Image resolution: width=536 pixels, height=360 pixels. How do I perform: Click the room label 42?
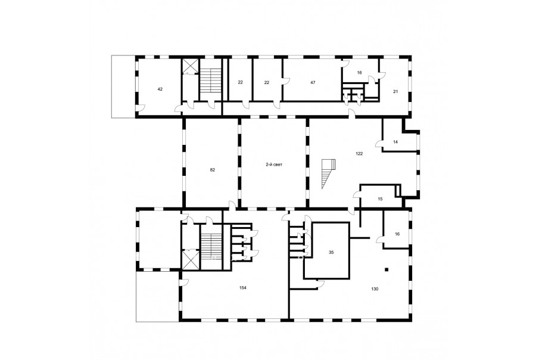click(x=160, y=89)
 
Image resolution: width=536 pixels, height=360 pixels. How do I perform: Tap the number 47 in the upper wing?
click(x=313, y=82)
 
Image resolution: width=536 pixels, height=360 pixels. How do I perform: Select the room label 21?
click(x=395, y=91)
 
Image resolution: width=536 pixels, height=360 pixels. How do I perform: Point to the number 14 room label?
click(x=395, y=142)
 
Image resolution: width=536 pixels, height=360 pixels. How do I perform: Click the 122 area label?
click(x=359, y=154)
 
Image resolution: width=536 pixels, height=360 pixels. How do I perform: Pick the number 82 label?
click(x=212, y=170)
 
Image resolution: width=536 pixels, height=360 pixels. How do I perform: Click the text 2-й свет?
click(x=274, y=165)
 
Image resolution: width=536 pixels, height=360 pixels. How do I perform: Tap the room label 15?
click(x=380, y=199)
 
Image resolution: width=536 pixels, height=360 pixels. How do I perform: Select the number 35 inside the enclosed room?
click(x=331, y=252)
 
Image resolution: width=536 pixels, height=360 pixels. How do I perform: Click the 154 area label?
click(x=243, y=288)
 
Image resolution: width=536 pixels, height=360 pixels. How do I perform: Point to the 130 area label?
click(x=375, y=289)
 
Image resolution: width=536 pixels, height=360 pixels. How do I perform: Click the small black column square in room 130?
click(x=387, y=269)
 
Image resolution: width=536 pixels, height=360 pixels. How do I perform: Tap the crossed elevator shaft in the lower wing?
click(x=190, y=260)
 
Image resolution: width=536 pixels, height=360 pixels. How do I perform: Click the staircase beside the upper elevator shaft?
click(x=211, y=80)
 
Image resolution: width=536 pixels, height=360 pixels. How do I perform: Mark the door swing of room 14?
click(x=379, y=144)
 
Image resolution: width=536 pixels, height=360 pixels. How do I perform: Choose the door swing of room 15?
click(x=357, y=195)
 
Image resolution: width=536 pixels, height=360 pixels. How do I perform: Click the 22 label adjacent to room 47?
click(x=267, y=82)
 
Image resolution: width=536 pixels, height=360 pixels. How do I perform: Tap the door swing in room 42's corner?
click(x=141, y=107)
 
